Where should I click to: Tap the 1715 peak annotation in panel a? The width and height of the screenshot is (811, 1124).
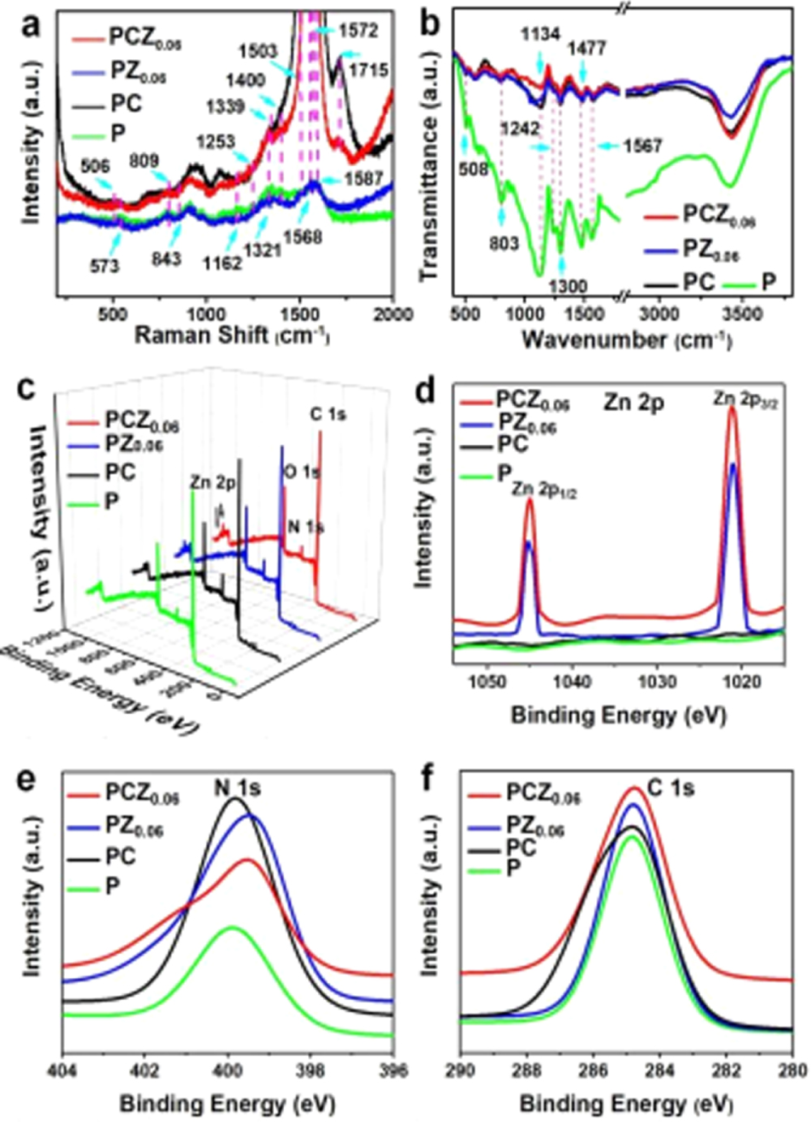click(x=368, y=71)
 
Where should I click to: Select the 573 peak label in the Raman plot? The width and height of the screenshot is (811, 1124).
click(x=104, y=265)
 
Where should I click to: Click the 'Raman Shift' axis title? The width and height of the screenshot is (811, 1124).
click(x=231, y=335)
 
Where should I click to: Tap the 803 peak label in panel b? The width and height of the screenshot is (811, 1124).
click(x=504, y=242)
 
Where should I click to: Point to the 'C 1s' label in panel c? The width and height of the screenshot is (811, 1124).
click(x=328, y=414)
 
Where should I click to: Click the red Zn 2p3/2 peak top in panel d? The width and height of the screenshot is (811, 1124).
click(x=732, y=407)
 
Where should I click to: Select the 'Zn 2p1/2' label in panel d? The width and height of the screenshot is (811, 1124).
click(x=544, y=491)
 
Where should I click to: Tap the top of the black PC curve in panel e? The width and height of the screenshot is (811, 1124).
click(x=235, y=799)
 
